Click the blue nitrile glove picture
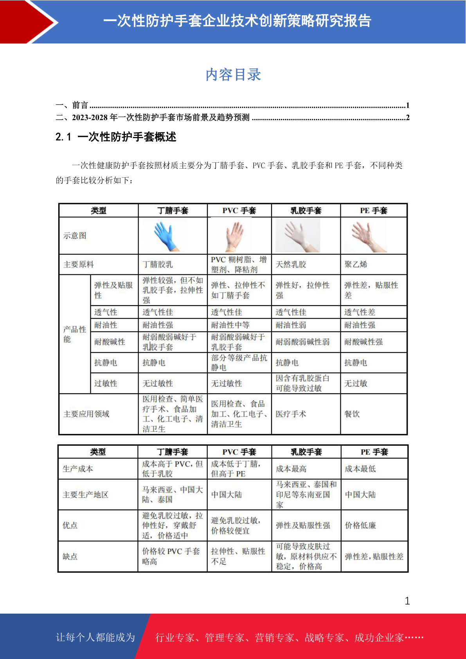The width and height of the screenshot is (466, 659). (166, 236)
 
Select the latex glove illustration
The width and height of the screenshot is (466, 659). (298, 236)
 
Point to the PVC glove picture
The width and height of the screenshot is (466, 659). (235, 236)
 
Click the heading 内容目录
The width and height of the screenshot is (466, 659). (233, 75)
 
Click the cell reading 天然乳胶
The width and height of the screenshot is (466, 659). (291, 265)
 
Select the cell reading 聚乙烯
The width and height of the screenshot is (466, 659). (356, 265)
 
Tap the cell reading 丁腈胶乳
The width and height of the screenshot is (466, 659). (157, 265)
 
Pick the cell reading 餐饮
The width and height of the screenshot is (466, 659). (352, 414)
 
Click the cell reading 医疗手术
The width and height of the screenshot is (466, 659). (291, 414)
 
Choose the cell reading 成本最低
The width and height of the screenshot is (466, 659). (360, 469)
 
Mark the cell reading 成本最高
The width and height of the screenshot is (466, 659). (291, 469)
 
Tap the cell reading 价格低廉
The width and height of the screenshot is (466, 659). (360, 526)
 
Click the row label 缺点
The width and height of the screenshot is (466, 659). (70, 556)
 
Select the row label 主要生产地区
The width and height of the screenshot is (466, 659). (85, 495)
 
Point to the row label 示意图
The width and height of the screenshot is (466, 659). (75, 236)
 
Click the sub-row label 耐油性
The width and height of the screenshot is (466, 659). (106, 325)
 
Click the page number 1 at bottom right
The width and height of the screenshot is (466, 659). (407, 601)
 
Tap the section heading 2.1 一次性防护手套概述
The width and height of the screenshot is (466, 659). (116, 137)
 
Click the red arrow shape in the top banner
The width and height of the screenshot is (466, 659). (27, 22)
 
